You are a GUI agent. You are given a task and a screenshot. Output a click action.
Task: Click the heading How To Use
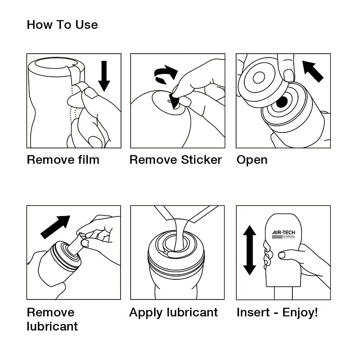62,25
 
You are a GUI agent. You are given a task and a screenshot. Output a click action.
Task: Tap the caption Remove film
63,160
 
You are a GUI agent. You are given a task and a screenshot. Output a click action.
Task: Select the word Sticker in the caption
202,160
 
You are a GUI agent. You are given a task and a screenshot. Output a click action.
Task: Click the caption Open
252,160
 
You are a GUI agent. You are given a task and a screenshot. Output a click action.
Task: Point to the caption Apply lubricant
173,313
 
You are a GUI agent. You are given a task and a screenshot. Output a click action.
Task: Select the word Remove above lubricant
50,313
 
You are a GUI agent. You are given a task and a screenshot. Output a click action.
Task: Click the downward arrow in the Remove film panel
104,75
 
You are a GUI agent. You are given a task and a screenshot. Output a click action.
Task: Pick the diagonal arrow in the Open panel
312,71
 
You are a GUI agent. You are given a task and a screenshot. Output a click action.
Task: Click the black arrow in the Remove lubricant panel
55,227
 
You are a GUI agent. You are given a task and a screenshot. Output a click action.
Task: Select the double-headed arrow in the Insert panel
250,251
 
